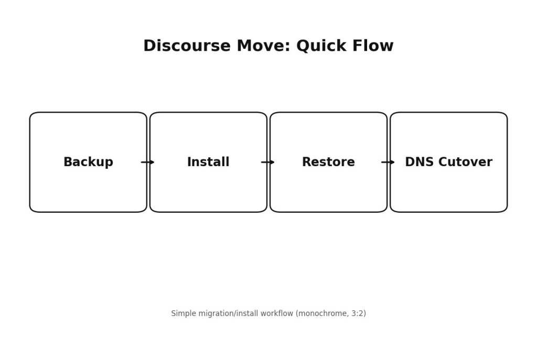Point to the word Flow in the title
coord(373,46)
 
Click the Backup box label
coord(88,162)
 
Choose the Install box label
coord(208,162)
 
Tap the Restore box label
coord(328,162)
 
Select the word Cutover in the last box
coord(464,162)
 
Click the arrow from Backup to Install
coord(148,162)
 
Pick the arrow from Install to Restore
coord(268,162)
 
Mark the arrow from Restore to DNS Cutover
coord(388,162)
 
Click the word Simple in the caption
coord(182,313)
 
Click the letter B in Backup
coord(67,162)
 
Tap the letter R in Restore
coord(306,162)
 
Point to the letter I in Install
coord(189,162)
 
